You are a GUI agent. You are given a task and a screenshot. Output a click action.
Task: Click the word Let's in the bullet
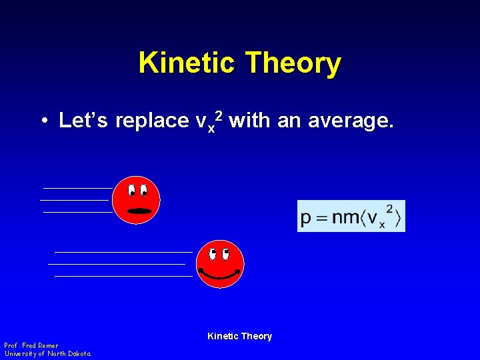(x=85, y=121)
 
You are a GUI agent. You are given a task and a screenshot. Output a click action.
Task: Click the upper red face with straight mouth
(x=136, y=199)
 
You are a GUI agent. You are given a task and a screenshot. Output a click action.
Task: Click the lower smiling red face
(x=220, y=264)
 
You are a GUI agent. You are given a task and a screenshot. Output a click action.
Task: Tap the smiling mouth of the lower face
(x=220, y=275)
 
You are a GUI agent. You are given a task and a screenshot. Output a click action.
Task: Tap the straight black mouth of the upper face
(x=140, y=211)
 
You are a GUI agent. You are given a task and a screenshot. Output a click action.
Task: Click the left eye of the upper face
(x=132, y=190)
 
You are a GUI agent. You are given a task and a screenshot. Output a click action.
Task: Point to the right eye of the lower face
(x=225, y=254)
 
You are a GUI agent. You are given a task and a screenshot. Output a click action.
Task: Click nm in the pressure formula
(x=345, y=217)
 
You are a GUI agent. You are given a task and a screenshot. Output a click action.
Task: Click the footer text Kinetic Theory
(x=239, y=336)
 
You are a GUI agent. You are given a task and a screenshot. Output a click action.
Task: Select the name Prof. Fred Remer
(x=31, y=345)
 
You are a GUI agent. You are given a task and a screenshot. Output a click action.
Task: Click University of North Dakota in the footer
(x=47, y=353)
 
